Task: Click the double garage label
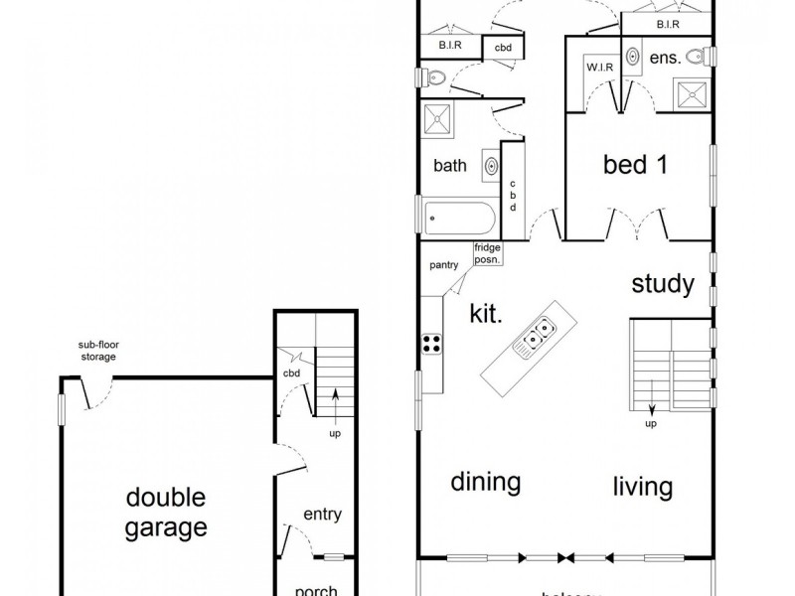[x=166, y=512]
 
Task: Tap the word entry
[x=322, y=514]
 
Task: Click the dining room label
[x=486, y=483]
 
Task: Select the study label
[x=663, y=285]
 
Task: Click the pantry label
[x=443, y=266]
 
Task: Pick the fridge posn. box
[x=487, y=253]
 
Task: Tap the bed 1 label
[x=635, y=164]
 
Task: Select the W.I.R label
[x=598, y=69]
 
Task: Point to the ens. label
[x=665, y=59]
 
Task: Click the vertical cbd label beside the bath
[x=513, y=195]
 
